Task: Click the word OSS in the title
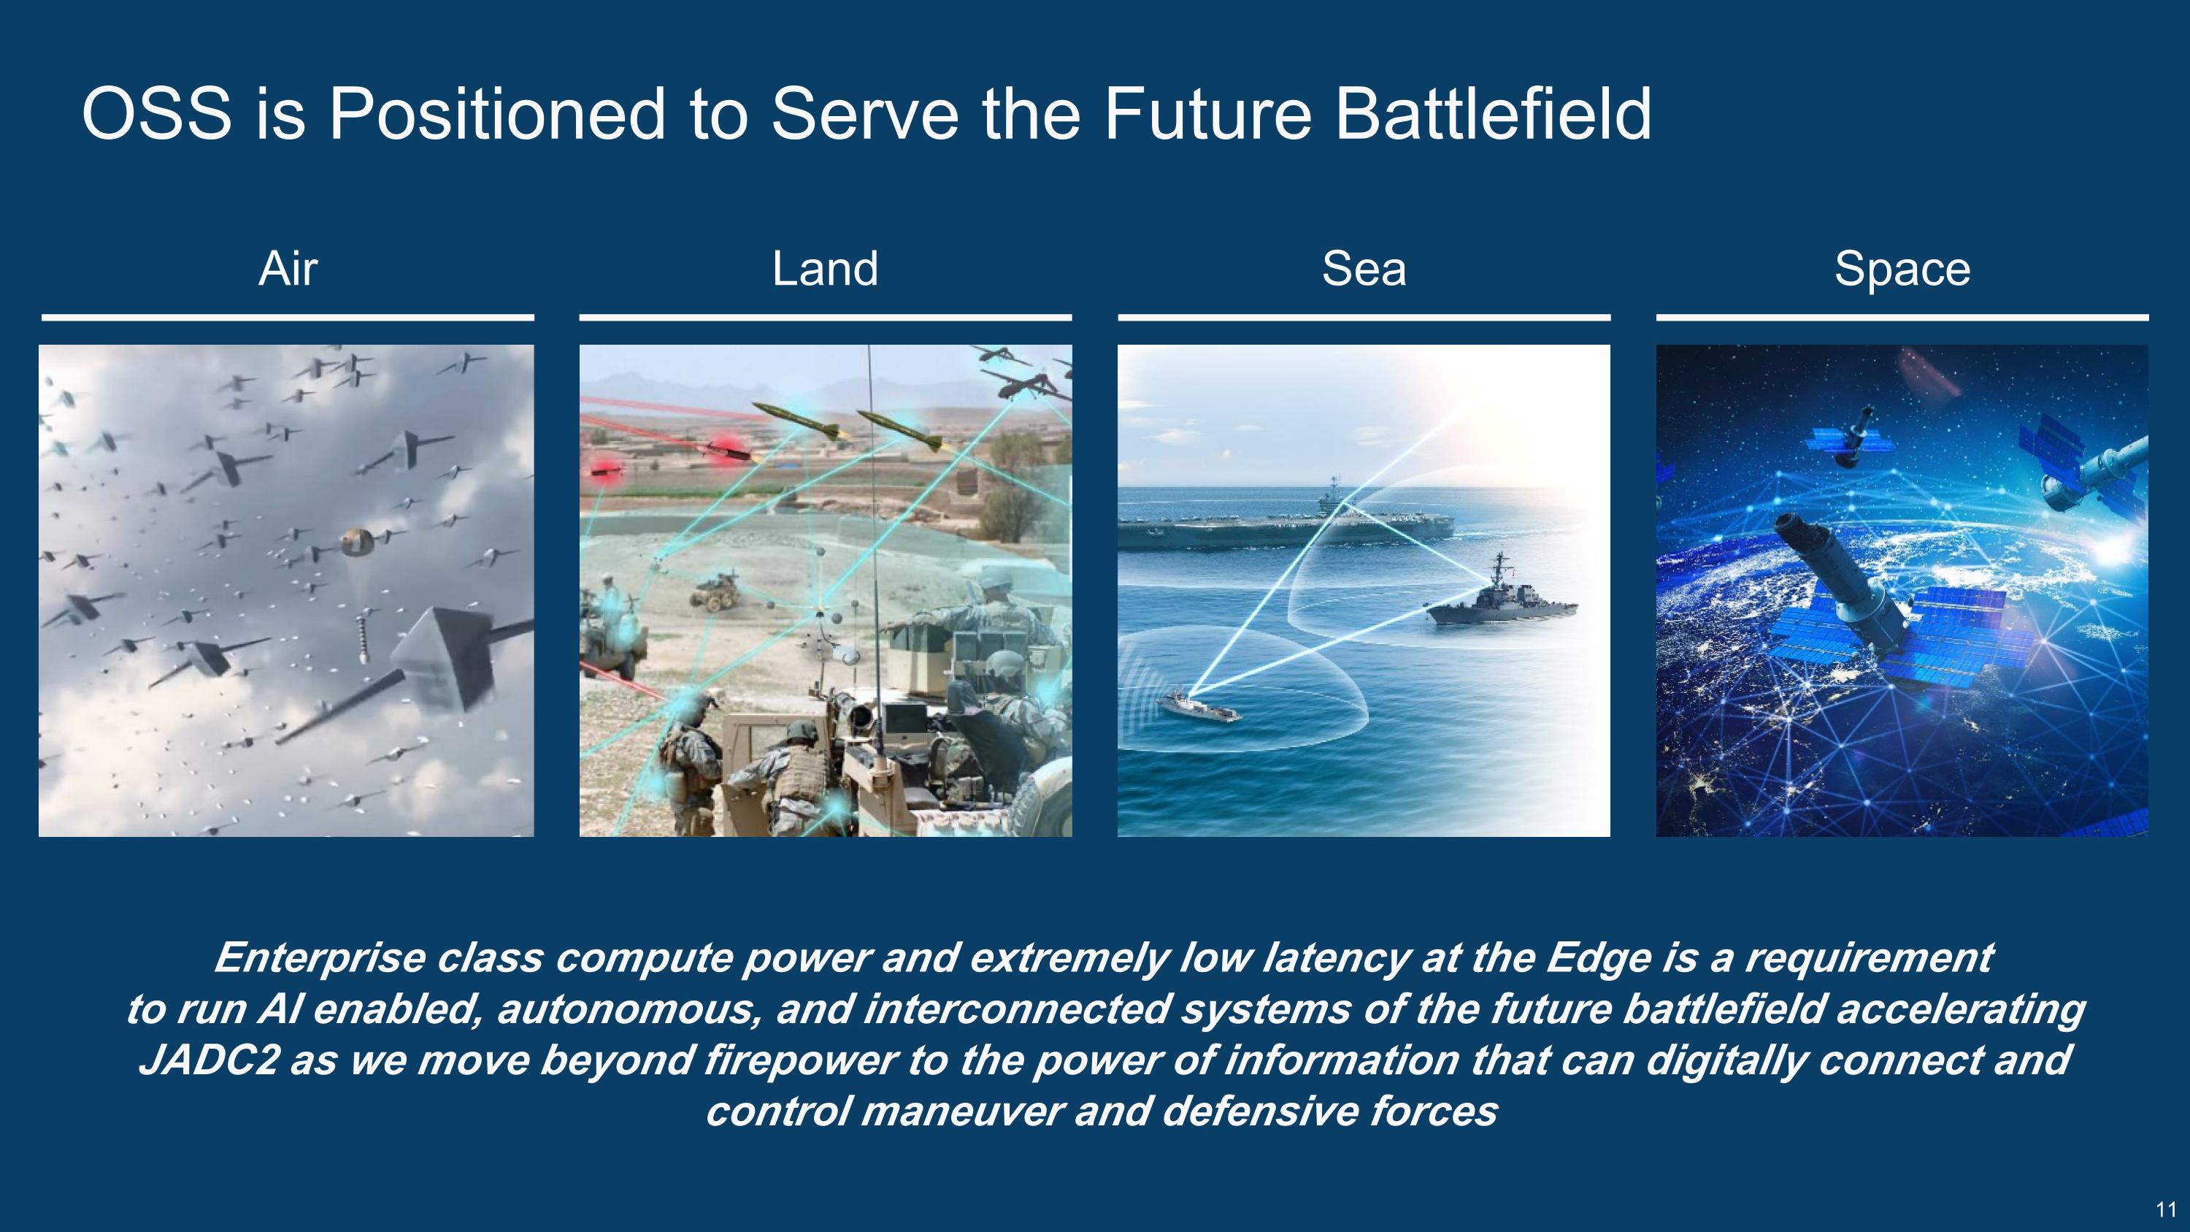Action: click(x=156, y=114)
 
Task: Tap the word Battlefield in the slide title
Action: click(x=1493, y=114)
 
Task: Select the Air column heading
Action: click(x=288, y=269)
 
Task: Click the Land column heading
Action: click(x=825, y=269)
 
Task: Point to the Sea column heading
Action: click(x=1364, y=269)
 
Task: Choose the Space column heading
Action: click(x=1902, y=269)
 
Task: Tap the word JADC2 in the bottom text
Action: click(x=208, y=1060)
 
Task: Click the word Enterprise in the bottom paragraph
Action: click(x=319, y=958)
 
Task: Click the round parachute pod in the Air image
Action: click(x=357, y=542)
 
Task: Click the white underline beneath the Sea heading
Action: click(x=1364, y=317)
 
